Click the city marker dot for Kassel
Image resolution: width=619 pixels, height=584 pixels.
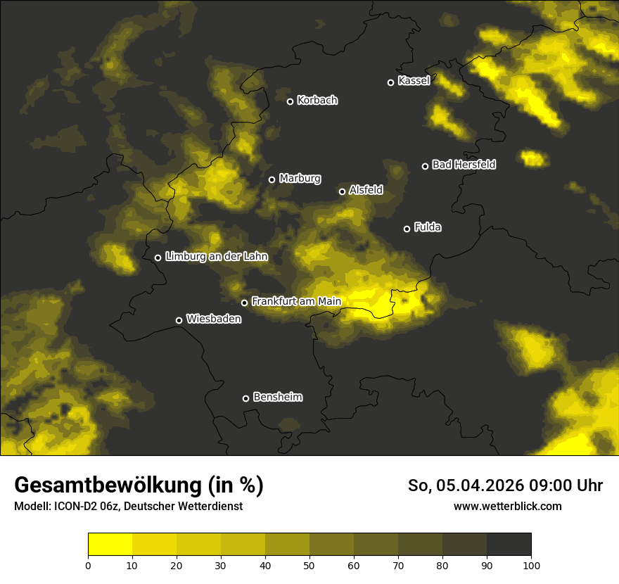point(391,82)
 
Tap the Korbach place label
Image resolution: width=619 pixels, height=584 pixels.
point(317,101)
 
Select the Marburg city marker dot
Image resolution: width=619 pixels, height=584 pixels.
point(272,179)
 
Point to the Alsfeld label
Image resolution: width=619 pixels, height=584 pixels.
point(366,190)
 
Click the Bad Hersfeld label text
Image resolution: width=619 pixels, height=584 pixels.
point(464,165)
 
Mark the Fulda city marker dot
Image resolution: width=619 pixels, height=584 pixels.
point(407,229)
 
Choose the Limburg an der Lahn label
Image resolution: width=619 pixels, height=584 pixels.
point(217,257)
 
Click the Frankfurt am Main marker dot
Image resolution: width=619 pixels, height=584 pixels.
point(245,303)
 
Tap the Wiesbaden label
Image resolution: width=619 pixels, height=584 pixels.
point(214,319)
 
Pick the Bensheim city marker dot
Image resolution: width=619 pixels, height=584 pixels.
point(245,398)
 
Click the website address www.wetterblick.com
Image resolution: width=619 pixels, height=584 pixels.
point(508,506)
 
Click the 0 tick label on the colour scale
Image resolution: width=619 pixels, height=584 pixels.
point(88,565)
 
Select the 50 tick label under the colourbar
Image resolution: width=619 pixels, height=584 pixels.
point(309,565)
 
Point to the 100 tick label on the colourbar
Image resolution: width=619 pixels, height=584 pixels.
point(531,565)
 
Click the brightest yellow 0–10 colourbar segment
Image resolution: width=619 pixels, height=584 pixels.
point(110,545)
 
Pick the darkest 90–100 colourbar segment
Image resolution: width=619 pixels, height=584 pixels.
point(509,545)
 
